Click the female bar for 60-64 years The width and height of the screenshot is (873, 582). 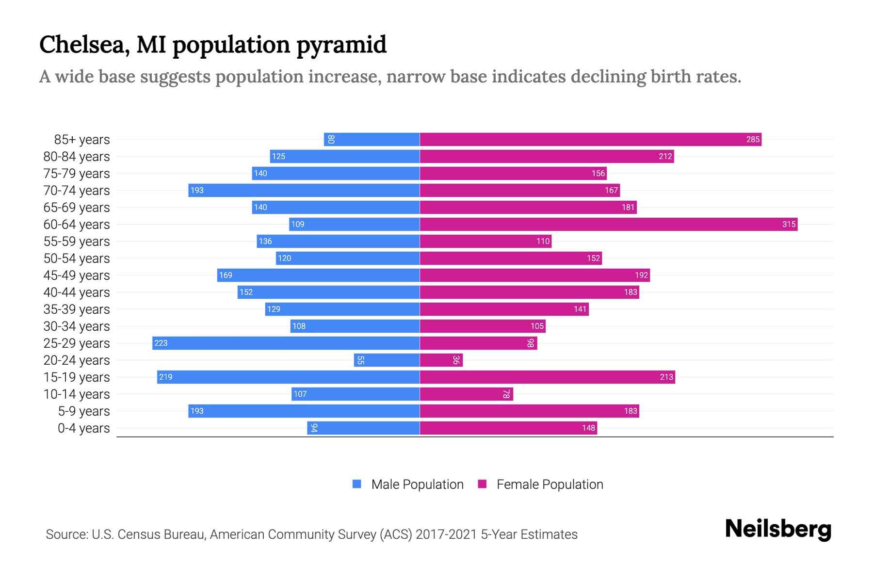point(608,224)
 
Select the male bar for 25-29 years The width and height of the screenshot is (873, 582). point(286,343)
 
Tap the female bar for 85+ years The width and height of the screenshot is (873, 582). point(590,139)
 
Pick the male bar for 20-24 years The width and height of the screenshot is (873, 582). point(387,360)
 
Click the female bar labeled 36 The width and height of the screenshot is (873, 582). point(441,360)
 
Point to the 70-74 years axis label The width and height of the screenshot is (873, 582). point(77,191)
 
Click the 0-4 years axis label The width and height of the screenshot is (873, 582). point(83,428)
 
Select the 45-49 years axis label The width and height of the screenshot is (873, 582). point(77,275)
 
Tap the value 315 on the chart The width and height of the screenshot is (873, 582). point(789,224)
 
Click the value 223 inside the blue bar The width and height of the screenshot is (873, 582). point(161,343)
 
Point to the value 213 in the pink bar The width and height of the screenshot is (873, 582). point(666,377)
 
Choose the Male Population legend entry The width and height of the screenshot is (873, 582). point(417,485)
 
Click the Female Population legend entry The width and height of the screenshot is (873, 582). point(550,485)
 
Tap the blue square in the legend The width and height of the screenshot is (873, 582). point(357,484)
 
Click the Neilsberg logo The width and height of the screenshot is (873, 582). point(778,529)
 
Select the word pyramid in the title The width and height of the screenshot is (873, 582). point(341,45)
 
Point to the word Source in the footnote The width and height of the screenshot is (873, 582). point(66,534)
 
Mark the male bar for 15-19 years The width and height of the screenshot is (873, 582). point(288,377)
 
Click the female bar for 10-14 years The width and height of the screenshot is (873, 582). point(466,394)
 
